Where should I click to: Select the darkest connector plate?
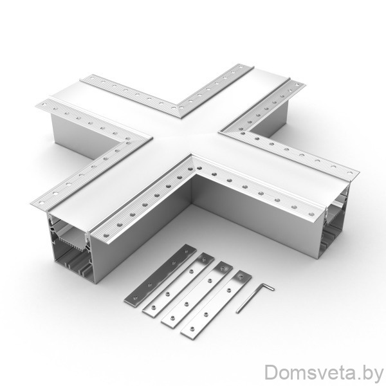click(x=160, y=276)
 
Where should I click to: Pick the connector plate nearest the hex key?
click(x=216, y=305)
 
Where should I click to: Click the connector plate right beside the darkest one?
click(x=178, y=283)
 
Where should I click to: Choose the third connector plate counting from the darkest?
click(x=198, y=294)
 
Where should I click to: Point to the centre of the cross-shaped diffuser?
click(x=186, y=137)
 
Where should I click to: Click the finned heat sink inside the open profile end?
click(x=71, y=238)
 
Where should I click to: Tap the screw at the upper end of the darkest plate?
click(x=187, y=252)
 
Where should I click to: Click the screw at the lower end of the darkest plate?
click(x=134, y=298)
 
